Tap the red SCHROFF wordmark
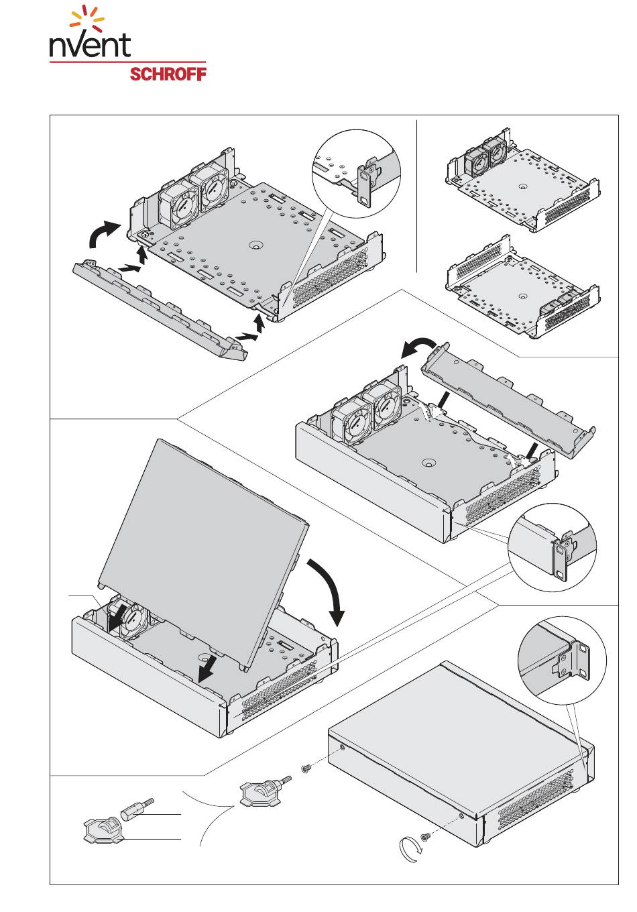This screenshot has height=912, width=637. [168, 74]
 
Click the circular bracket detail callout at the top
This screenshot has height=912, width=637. [356, 174]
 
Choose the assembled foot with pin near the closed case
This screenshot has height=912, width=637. [263, 791]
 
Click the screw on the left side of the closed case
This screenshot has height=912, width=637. [306, 768]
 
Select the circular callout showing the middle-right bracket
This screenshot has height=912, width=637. [552, 548]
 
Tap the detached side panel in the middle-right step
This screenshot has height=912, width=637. [508, 400]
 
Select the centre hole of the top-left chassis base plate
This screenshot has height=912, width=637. [256, 245]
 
